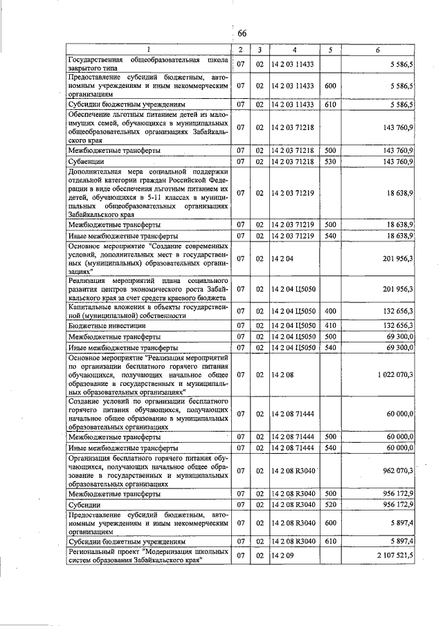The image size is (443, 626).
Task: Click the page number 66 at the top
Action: (x=242, y=34)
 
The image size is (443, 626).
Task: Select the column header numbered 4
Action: (x=293, y=50)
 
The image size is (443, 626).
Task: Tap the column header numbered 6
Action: (x=377, y=50)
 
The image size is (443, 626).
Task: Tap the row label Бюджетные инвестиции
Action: (x=102, y=324)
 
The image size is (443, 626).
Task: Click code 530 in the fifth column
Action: (x=330, y=161)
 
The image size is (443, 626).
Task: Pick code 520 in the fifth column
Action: (x=330, y=506)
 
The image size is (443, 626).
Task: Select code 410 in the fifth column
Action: (x=330, y=324)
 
